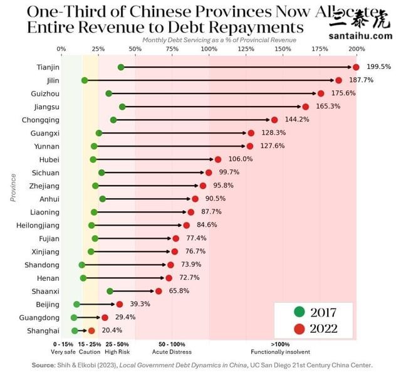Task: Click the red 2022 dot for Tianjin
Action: (x=356, y=67)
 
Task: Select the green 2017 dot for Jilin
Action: (x=85, y=80)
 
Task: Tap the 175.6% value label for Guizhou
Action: (x=341, y=93)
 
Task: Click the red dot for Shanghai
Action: (x=91, y=330)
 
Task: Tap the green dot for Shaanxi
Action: (x=110, y=291)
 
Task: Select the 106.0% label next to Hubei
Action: (x=238, y=159)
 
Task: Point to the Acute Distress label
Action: (x=171, y=352)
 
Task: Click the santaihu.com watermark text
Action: (x=360, y=36)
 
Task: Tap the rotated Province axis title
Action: (x=13, y=187)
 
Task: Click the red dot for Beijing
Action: (x=119, y=304)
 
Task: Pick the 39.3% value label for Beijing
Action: (x=140, y=304)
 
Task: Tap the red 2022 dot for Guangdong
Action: (x=105, y=317)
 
